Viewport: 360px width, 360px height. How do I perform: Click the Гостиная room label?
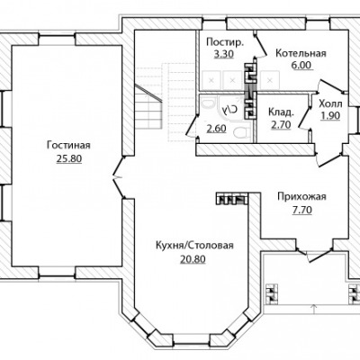click(x=68, y=146)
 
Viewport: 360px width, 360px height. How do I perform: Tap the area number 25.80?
click(x=69, y=158)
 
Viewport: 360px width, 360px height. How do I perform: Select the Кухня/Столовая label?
click(x=194, y=246)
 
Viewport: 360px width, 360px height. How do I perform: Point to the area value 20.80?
click(x=193, y=258)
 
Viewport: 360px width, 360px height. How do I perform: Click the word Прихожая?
click(x=301, y=197)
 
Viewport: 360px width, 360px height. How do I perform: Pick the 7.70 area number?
click(x=302, y=210)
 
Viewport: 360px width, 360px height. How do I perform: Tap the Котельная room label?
click(x=301, y=53)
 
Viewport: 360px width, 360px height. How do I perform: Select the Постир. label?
click(x=224, y=42)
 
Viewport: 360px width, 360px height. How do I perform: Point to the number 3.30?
click(x=223, y=54)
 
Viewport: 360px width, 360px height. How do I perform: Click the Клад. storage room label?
click(x=281, y=112)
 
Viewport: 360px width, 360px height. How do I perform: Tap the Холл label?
click(x=330, y=104)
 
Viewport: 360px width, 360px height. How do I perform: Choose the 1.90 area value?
click(x=330, y=116)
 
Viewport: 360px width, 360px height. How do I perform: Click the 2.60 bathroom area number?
click(x=216, y=129)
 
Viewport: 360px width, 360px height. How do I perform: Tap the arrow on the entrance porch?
click(x=314, y=309)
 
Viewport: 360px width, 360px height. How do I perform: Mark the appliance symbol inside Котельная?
click(x=270, y=80)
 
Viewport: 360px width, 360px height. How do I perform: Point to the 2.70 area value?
click(x=281, y=125)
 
